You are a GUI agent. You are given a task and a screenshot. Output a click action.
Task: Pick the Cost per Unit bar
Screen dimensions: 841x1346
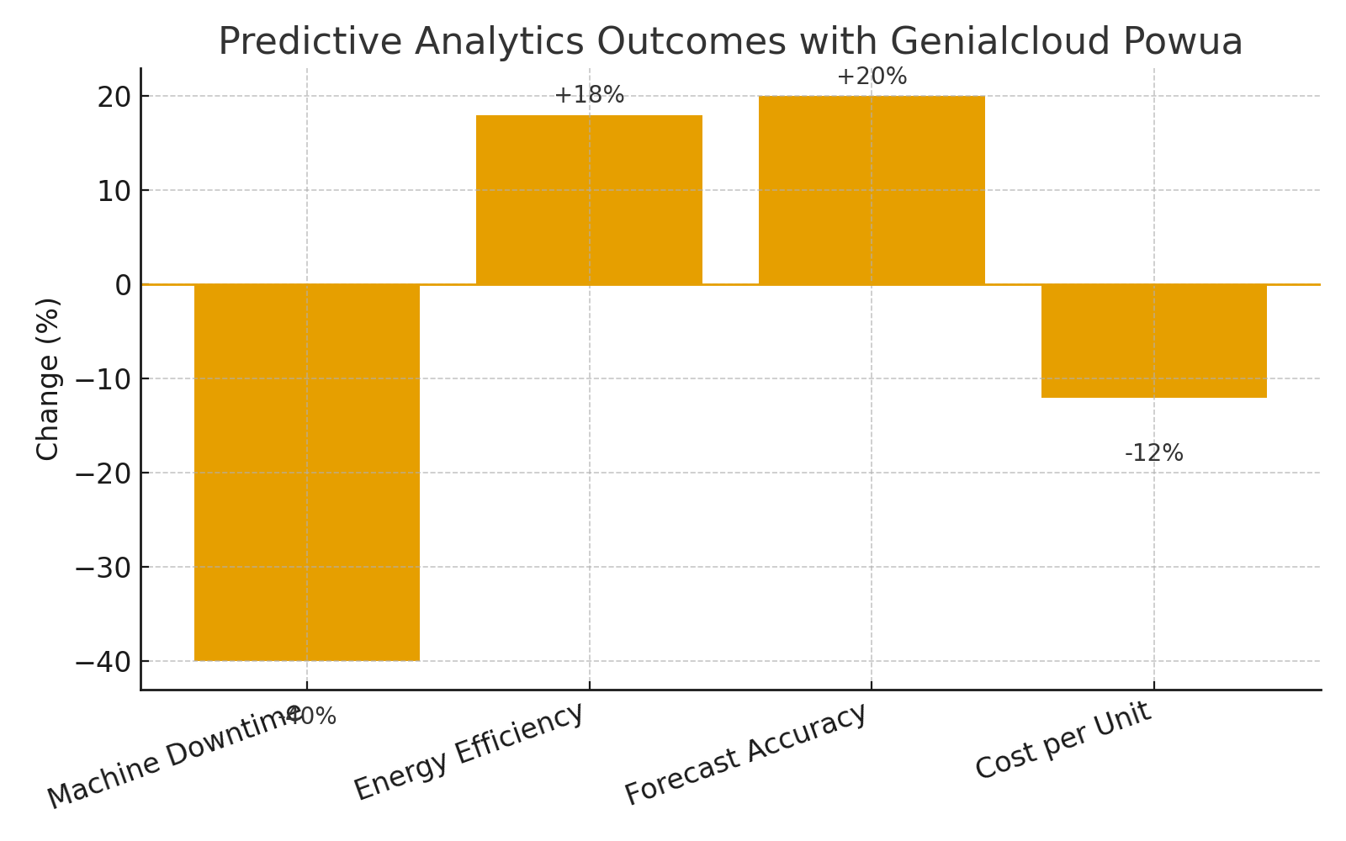pos(1153,341)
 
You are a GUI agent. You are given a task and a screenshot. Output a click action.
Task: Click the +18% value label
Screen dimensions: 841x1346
pos(589,95)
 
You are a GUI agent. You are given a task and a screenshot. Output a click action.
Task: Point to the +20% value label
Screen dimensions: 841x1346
pos(872,77)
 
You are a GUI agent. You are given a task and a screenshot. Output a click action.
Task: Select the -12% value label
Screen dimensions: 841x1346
pos(1153,453)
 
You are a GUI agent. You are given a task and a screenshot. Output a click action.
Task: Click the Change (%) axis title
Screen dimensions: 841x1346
pos(48,378)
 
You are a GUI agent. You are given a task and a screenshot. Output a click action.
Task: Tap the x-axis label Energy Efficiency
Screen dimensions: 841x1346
pos(469,751)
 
